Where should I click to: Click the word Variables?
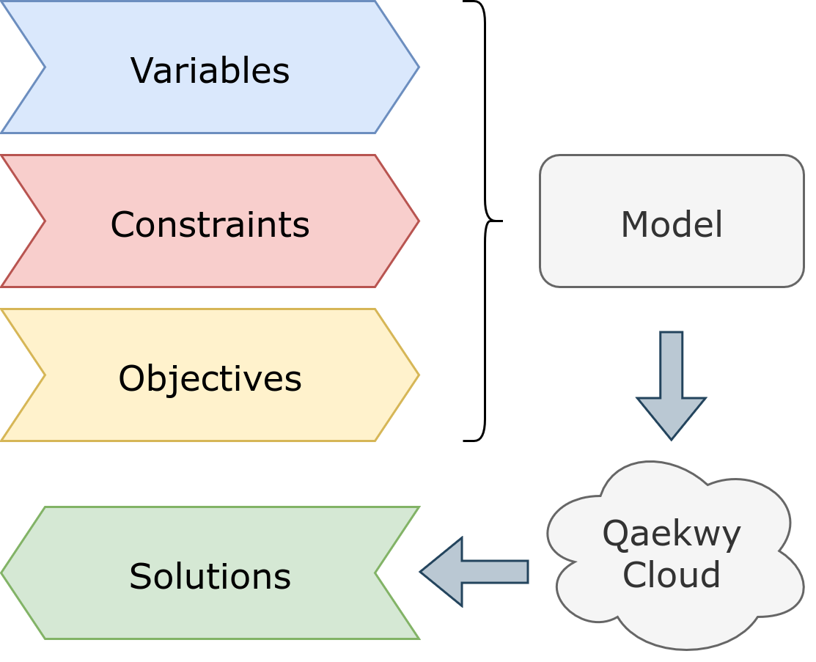[210, 71]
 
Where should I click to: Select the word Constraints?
[210, 224]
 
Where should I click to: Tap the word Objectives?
[210, 379]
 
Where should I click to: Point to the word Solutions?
[210, 576]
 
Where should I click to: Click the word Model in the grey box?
[672, 224]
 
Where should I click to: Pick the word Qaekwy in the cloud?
[671, 534]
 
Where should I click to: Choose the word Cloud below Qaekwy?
[671, 575]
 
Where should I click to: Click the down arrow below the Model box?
[671, 381]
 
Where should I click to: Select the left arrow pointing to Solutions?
[477, 572]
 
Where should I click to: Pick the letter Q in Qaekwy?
[614, 534]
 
